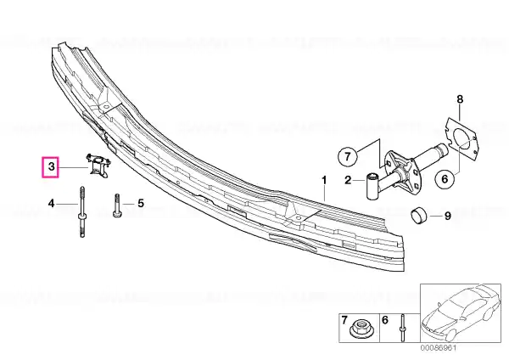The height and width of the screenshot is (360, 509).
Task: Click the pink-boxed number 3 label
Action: tap(50, 167)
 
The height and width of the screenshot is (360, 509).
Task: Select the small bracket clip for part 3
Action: tap(98, 166)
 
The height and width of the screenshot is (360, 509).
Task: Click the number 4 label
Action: tap(51, 204)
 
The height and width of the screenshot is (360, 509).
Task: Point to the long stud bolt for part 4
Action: tap(82, 211)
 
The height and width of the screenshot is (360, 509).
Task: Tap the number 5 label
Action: tap(141, 204)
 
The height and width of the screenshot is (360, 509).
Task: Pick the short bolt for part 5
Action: tap(117, 205)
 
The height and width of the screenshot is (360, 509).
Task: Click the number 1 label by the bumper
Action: tap(324, 180)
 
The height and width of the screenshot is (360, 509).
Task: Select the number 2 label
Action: tap(348, 180)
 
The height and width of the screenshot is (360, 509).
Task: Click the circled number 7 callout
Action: tap(347, 157)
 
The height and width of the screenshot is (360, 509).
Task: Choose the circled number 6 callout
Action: tap(445, 179)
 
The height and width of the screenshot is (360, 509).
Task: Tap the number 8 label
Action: tap(460, 99)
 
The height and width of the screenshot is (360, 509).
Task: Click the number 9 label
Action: tap(448, 216)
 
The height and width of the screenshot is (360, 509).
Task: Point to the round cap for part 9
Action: tap(419, 215)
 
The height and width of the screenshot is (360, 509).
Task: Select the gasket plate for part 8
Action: tap(461, 139)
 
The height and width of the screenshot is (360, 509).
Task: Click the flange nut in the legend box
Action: tap(360, 328)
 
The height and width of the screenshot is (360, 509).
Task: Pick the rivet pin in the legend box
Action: tap(402, 328)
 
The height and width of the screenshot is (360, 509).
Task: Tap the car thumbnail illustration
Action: tap(461, 313)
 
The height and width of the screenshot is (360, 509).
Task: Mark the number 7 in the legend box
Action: tap(344, 320)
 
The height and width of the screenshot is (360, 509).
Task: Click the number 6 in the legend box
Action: tap(384, 320)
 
